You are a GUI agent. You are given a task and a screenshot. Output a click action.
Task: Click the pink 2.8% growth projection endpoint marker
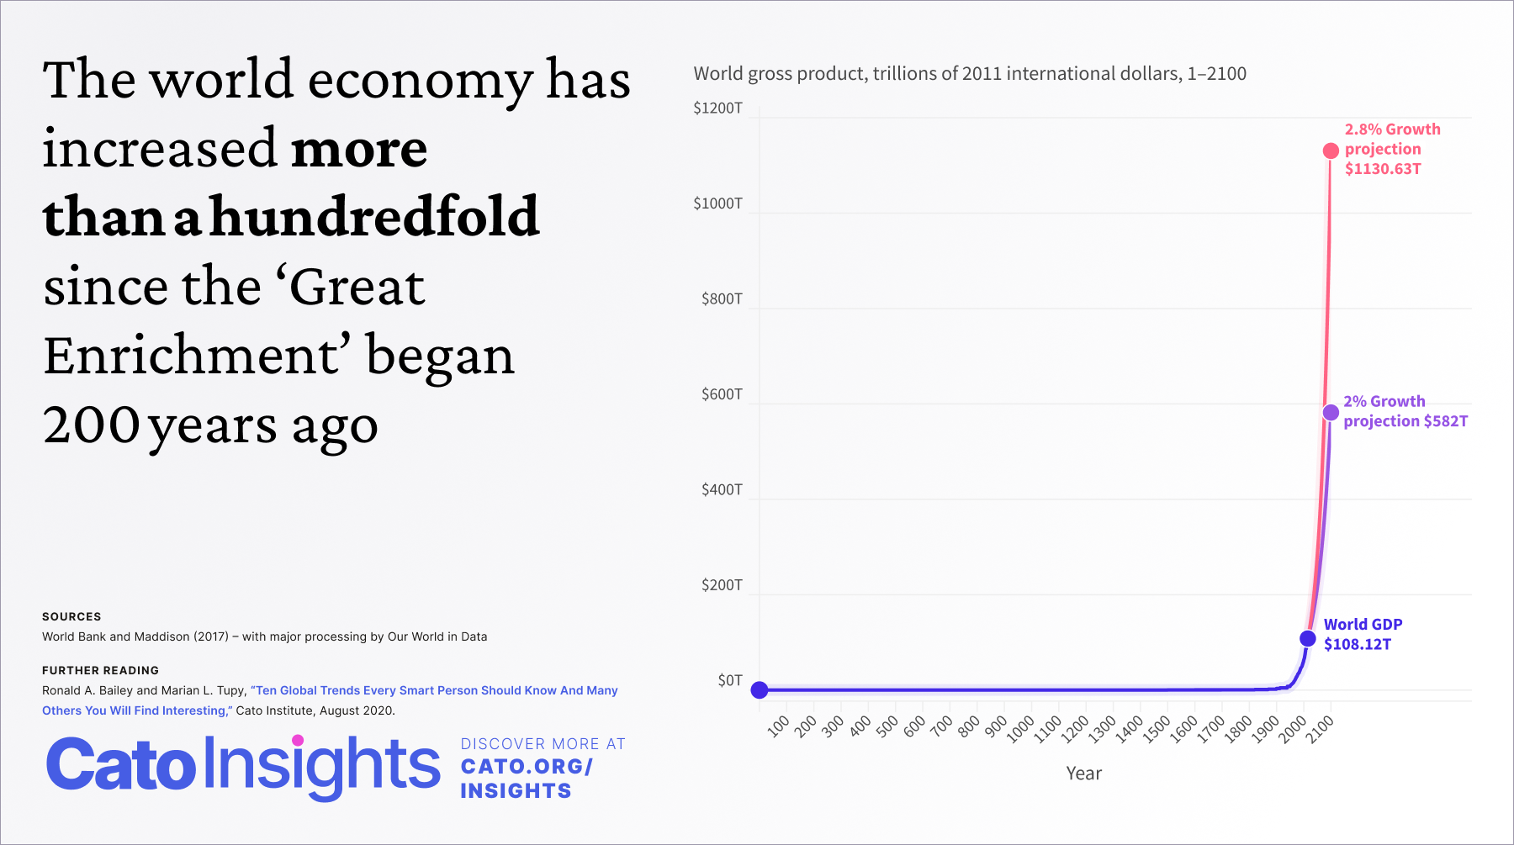click(x=1331, y=151)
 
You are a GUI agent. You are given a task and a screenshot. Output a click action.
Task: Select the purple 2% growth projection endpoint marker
click(x=1331, y=412)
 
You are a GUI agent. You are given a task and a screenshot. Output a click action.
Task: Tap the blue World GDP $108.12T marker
click(x=1308, y=638)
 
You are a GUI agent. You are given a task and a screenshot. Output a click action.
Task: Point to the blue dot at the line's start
click(x=760, y=689)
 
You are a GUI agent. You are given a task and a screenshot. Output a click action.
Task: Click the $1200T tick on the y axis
click(x=717, y=108)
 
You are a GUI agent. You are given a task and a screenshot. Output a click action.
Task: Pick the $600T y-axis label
click(x=722, y=394)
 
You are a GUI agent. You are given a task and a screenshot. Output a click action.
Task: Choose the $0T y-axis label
click(x=730, y=680)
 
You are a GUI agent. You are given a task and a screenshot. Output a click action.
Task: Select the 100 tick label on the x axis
click(x=779, y=726)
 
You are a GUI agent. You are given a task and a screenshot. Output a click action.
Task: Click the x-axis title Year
click(x=1083, y=774)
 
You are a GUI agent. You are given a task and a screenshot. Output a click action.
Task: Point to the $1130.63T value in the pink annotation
click(x=1383, y=169)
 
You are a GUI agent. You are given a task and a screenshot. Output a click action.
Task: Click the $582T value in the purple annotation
click(x=1446, y=421)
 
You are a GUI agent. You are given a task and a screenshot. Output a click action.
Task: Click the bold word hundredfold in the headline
click(x=374, y=216)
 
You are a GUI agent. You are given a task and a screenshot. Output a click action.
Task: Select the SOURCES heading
click(x=71, y=616)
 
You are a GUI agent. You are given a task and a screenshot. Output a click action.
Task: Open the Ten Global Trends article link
click(x=330, y=700)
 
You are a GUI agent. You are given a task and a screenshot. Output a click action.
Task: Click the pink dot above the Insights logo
click(x=298, y=740)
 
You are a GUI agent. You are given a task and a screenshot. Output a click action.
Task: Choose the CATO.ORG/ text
click(x=527, y=767)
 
